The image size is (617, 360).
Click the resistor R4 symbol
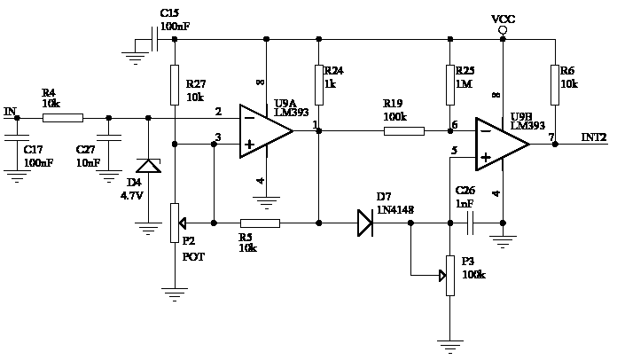[x=63, y=118]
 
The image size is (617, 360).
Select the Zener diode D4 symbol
[x=148, y=166]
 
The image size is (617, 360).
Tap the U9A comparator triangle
[x=267, y=131]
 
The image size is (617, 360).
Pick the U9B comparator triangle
[x=503, y=144]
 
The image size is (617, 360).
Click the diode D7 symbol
[x=365, y=223]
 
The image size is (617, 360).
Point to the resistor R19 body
[x=404, y=131]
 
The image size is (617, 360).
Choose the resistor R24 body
[x=319, y=85]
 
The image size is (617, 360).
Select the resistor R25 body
[x=450, y=85]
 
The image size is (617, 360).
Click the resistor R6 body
[x=555, y=85]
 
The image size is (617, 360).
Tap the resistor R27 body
[x=175, y=85]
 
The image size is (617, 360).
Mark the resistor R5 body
[x=260, y=223]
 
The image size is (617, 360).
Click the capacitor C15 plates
[x=155, y=39]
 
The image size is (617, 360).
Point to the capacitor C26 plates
[x=470, y=223]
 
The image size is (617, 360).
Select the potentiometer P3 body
[x=450, y=276]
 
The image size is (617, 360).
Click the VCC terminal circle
[x=503, y=30]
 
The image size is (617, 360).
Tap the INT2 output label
[x=594, y=137]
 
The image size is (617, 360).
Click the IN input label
[x=11, y=112]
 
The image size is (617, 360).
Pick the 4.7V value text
[x=132, y=196]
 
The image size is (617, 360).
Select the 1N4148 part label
[x=395, y=210]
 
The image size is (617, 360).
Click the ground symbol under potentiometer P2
[x=175, y=294]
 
